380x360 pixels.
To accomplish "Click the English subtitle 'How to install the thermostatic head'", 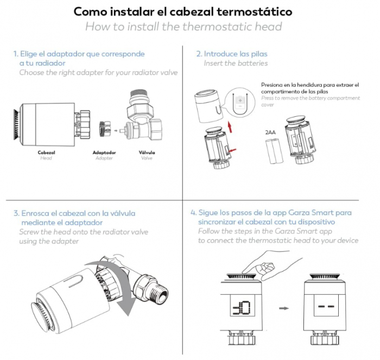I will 183,27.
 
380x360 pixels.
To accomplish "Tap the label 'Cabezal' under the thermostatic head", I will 46,153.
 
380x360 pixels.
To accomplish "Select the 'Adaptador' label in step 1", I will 104,153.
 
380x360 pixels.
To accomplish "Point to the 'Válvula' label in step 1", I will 147,153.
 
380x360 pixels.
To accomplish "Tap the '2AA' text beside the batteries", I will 269,132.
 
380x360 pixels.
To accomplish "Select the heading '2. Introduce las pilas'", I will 232,54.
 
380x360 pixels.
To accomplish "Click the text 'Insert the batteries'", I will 236,63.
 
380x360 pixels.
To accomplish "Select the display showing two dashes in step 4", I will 326,308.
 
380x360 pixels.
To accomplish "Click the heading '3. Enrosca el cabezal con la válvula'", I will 74,213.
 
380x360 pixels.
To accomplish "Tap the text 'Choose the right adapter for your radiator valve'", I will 98,72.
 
